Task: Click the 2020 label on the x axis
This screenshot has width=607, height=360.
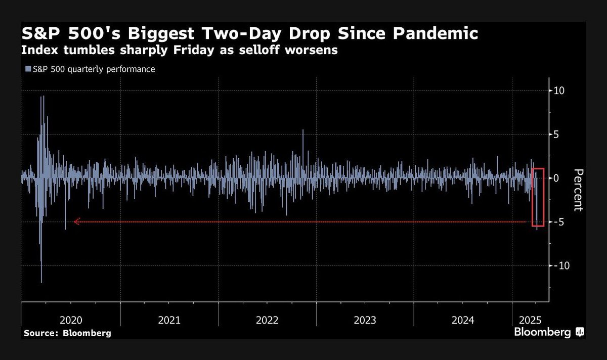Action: tap(71, 320)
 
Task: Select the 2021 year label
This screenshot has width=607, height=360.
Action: tap(169, 320)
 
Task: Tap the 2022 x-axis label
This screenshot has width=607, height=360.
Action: tap(267, 320)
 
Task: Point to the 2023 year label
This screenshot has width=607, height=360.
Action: tap(365, 320)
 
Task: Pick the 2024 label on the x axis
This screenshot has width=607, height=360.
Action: tap(463, 320)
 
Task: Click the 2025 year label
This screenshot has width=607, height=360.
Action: tap(530, 320)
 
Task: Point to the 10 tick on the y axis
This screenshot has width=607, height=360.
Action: tap(559, 91)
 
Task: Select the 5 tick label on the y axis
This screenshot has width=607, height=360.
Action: tap(556, 134)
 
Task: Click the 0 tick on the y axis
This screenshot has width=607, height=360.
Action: tap(556, 178)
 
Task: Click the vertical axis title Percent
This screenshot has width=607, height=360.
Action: tap(578, 190)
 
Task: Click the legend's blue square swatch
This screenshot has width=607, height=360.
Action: tap(28, 69)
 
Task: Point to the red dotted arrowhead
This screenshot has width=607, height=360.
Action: tap(77, 221)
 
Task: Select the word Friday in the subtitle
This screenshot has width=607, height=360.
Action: tap(194, 50)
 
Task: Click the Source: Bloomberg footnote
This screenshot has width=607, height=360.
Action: tap(67, 333)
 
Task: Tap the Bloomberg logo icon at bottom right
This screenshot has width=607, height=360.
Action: tap(580, 332)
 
